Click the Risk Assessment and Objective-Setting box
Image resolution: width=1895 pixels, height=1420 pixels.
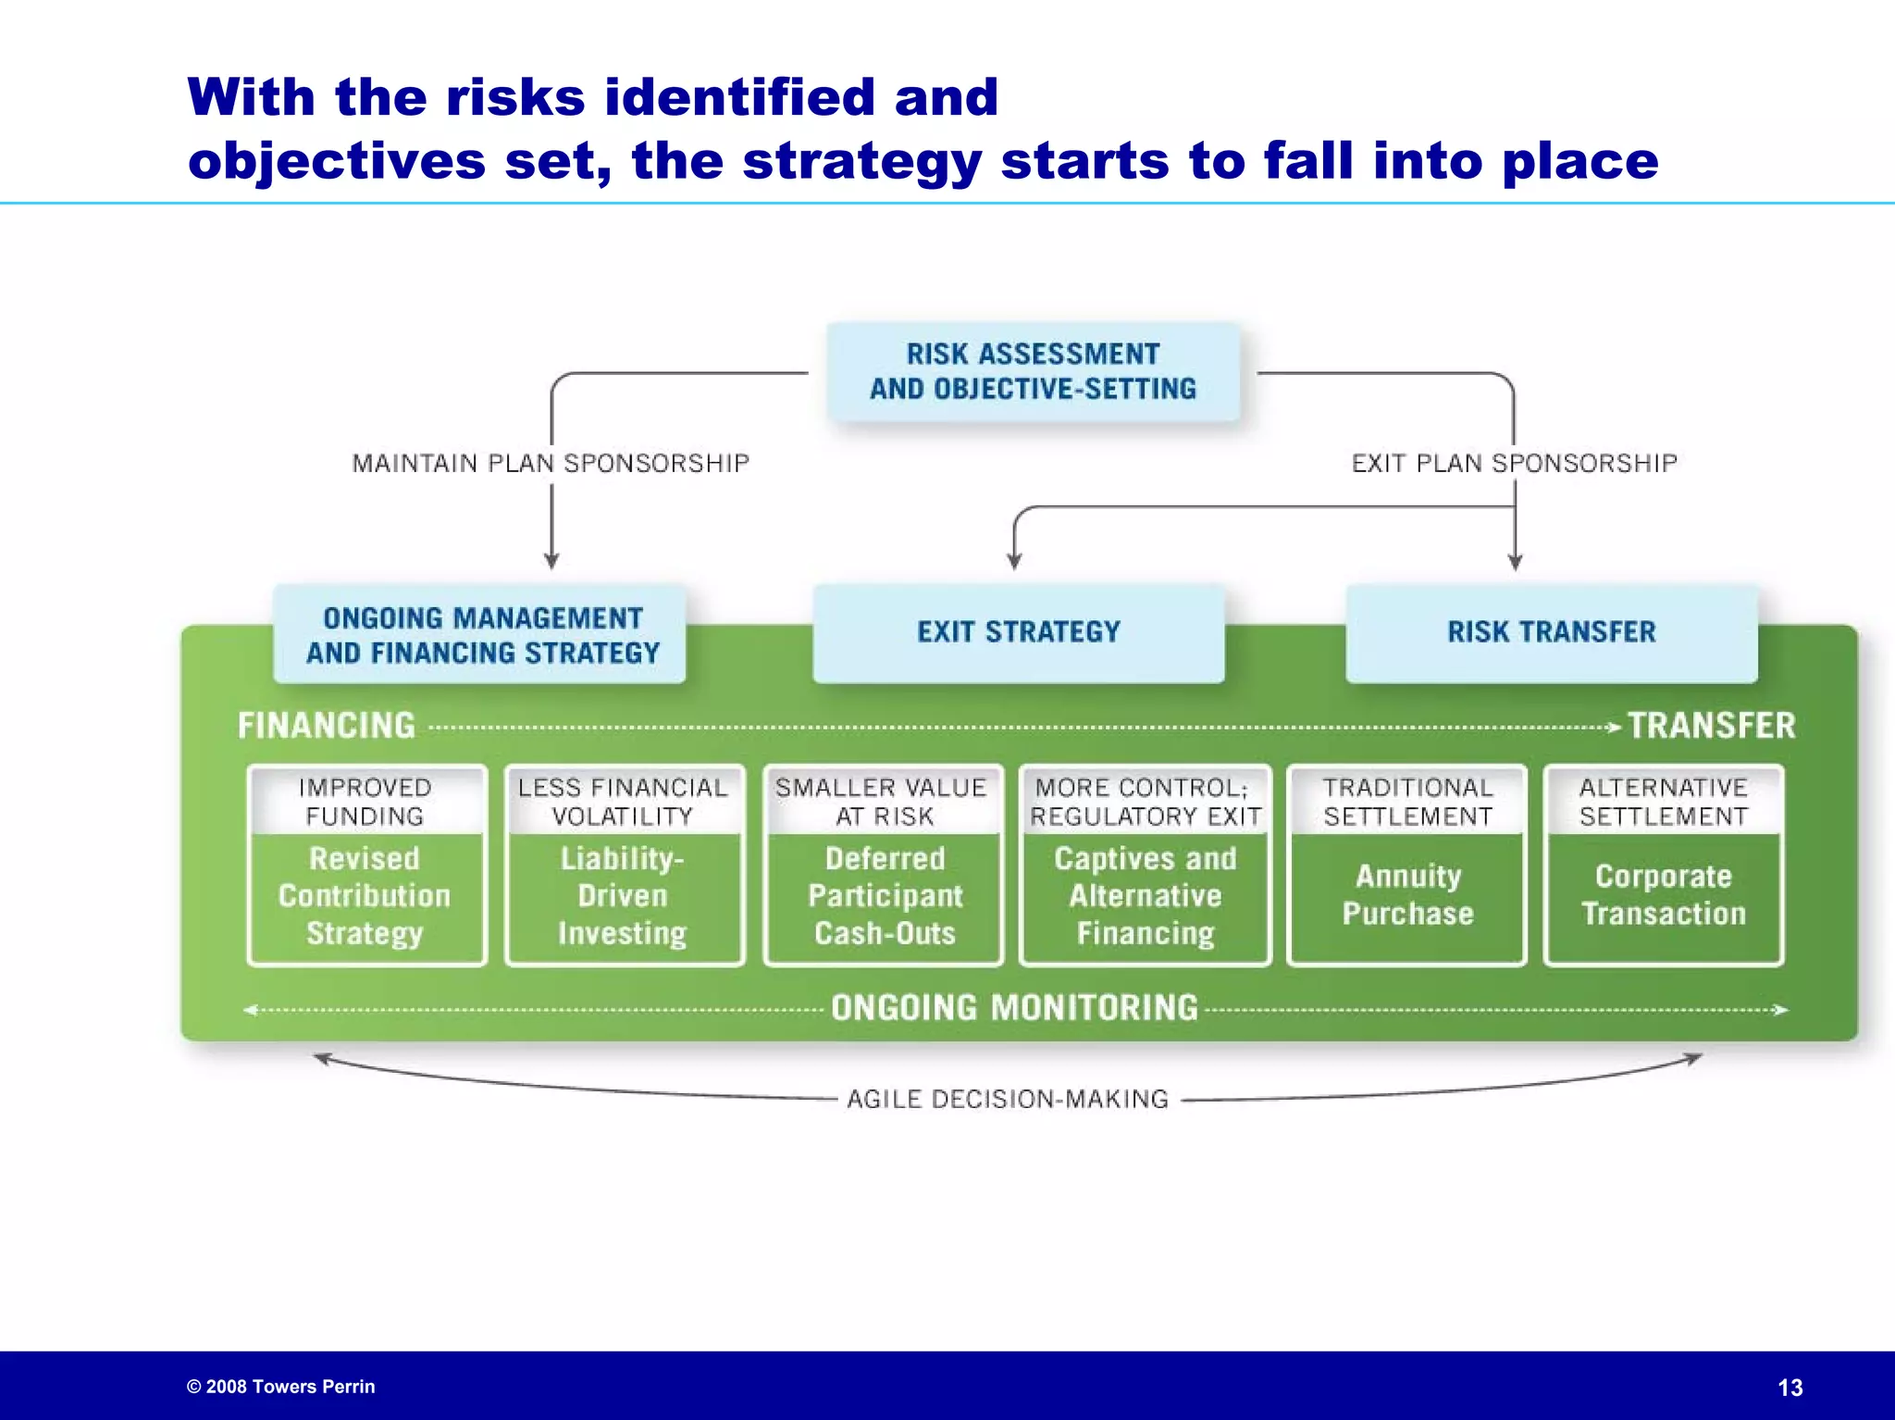click(1033, 371)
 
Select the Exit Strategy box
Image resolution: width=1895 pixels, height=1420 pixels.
click(1018, 632)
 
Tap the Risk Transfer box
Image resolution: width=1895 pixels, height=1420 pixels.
click(1552, 632)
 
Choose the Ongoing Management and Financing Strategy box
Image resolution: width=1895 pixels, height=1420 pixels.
click(481, 635)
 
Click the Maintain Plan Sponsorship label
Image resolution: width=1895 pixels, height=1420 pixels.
click(551, 463)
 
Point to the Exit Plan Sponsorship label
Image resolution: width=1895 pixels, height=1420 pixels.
click(1514, 463)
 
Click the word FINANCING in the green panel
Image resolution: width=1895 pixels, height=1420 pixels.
click(327, 726)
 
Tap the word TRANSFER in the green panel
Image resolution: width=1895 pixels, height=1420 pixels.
click(1711, 726)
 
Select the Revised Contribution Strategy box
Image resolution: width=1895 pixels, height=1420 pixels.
click(365, 895)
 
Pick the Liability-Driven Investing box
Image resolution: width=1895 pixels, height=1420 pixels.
click(623, 895)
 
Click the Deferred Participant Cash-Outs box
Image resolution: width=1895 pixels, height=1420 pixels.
click(884, 895)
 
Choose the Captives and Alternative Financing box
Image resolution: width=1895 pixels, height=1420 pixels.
click(1145, 895)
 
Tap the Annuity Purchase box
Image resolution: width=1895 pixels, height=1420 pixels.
click(1407, 895)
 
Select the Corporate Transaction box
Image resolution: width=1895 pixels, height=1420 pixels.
click(1663, 895)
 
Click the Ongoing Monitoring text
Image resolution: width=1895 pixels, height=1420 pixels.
click(1014, 1008)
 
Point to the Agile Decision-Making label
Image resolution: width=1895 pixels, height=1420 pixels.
click(1008, 1099)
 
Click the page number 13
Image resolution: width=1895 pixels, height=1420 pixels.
click(1790, 1388)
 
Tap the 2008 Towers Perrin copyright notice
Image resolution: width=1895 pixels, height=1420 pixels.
click(281, 1387)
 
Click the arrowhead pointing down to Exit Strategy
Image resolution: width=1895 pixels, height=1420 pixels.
click(1014, 561)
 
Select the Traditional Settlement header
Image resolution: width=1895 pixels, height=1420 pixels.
click(1407, 802)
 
